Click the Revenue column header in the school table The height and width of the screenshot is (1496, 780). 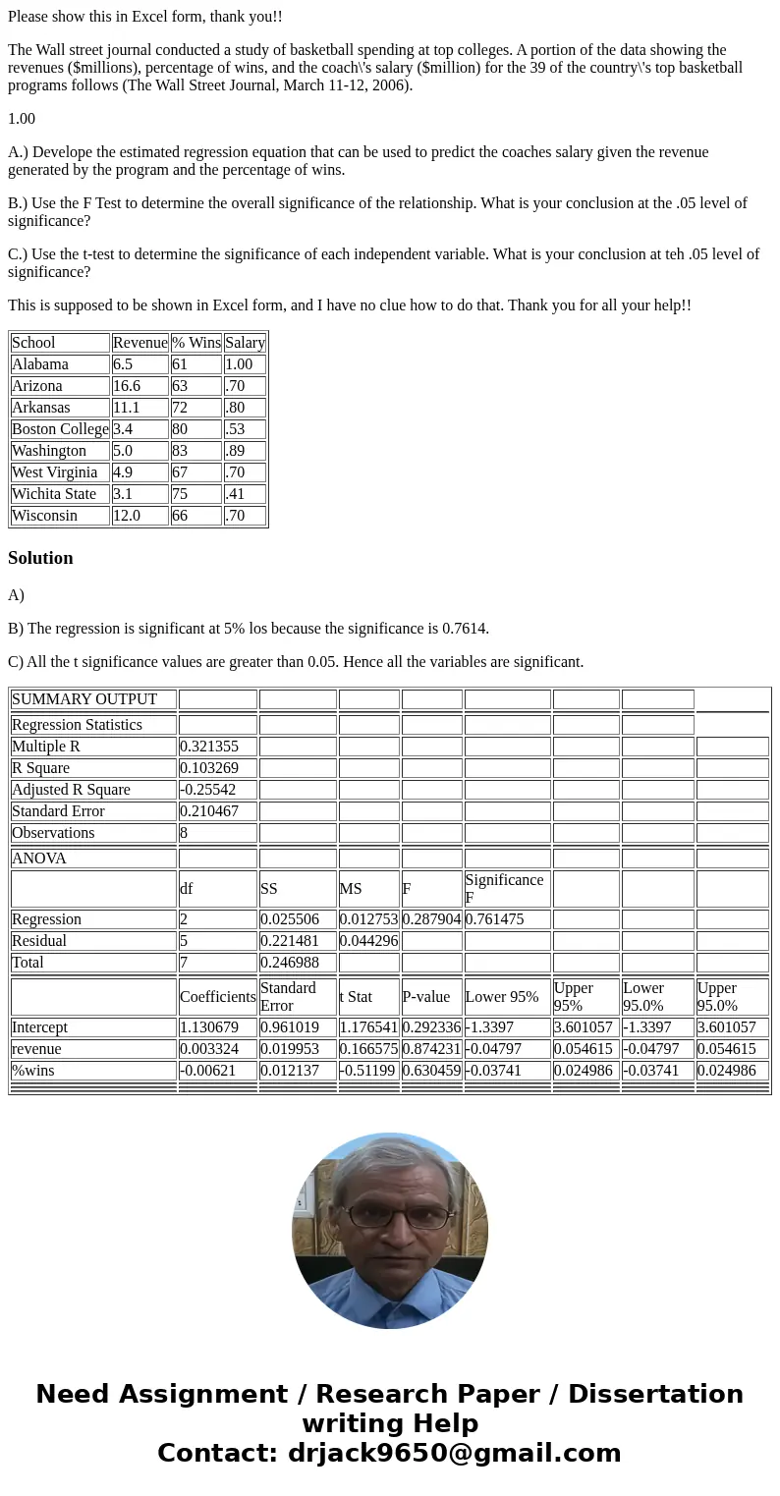tap(139, 343)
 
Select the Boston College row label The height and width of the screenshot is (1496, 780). tap(60, 429)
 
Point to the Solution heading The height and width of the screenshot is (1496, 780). tap(40, 558)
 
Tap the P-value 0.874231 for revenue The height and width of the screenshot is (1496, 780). tap(431, 1049)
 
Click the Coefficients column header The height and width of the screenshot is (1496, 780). tap(217, 997)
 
